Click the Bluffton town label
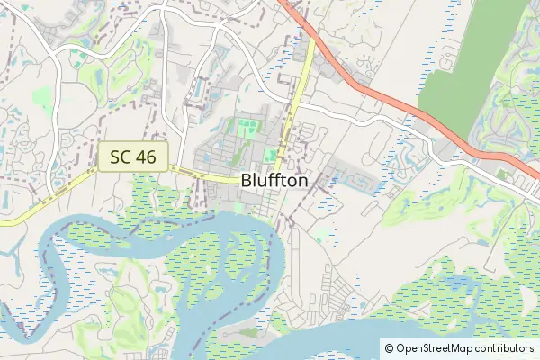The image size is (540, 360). pyautogui.click(x=274, y=180)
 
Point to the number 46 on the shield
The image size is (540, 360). pyautogui.click(x=148, y=157)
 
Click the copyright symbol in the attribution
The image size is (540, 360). pyautogui.click(x=389, y=347)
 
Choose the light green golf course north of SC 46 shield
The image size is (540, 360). pyautogui.click(x=112, y=85)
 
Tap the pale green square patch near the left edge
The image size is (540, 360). pyautogui.click(x=41, y=94)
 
